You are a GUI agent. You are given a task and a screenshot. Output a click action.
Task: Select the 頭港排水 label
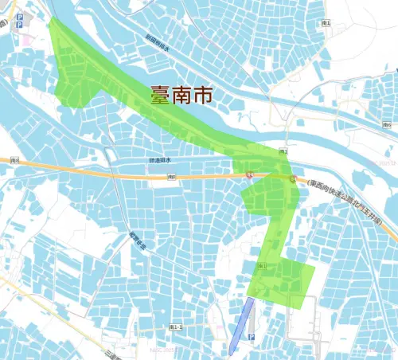pyautogui.click(x=160, y=160)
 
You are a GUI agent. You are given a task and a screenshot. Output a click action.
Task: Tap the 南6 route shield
pyautogui.click(x=387, y=125)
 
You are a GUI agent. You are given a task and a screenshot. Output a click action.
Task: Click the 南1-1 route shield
pyautogui.click(x=176, y=327)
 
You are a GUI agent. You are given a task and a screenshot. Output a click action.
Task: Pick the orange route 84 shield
pyautogui.click(x=250, y=174)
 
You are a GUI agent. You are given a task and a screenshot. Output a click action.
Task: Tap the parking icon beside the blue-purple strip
pyautogui.click(x=252, y=338)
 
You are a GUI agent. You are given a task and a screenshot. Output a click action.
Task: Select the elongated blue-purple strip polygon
pyautogui.click(x=241, y=326)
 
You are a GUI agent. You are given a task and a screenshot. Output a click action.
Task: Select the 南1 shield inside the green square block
pyautogui.click(x=262, y=266)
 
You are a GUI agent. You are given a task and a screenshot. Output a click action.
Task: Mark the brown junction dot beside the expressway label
pyautogui.click(x=294, y=178)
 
